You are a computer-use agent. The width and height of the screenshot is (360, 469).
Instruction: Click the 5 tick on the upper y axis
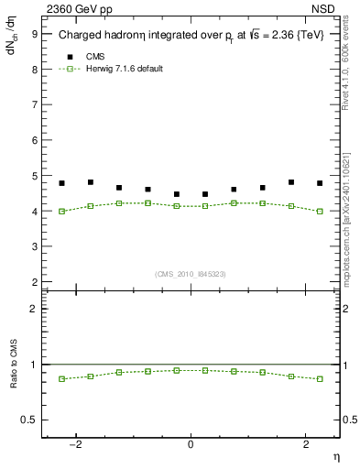(x=34, y=176)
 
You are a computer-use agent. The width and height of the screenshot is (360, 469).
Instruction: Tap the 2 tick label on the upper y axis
(x=34, y=282)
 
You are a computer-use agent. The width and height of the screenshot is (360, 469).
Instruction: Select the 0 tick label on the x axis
(x=191, y=443)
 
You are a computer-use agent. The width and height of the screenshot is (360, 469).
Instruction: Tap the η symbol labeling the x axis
(x=334, y=456)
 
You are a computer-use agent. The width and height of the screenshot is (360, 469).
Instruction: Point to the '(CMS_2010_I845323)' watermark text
(x=191, y=274)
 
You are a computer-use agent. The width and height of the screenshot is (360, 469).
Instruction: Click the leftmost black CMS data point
(x=61, y=183)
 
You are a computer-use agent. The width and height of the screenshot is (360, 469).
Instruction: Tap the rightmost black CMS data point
(x=320, y=183)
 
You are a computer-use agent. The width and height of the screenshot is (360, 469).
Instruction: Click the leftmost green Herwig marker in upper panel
(x=61, y=211)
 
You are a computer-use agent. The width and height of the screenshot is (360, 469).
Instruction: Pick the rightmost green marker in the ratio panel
(x=320, y=378)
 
